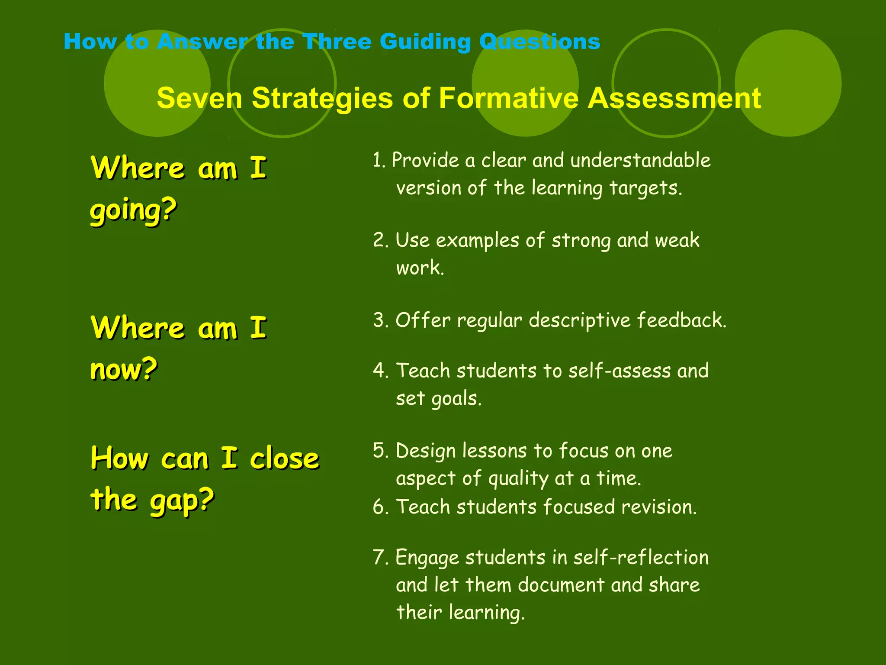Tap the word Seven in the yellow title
[199, 98]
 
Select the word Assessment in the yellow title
[674, 98]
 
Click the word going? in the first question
[133, 210]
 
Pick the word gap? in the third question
[182, 500]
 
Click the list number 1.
[379, 160]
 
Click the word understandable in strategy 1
[640, 160]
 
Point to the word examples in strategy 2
[477, 241]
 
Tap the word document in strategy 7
[561, 585]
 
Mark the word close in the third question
[284, 458]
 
